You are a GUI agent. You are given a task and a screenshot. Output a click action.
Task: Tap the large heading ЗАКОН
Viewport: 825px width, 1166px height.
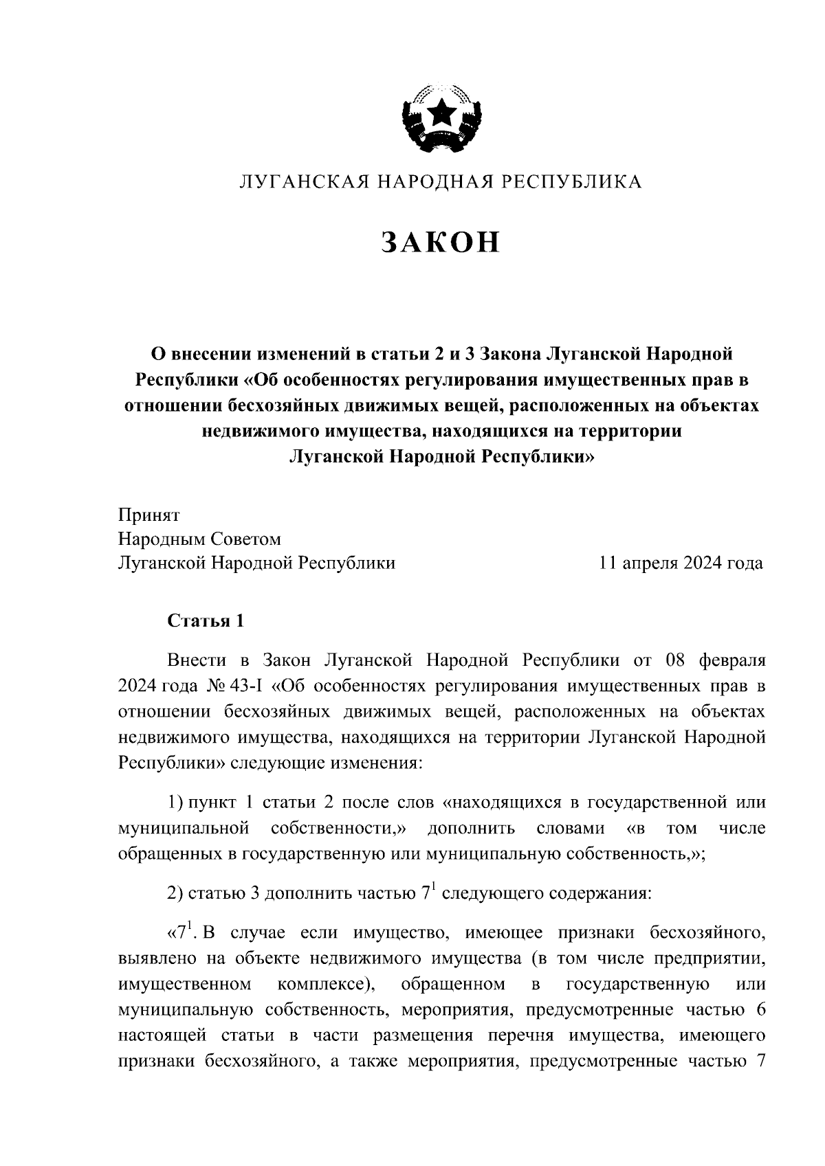pos(439,242)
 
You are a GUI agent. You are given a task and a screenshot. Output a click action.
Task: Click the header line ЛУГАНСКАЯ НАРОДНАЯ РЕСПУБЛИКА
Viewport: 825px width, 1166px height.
pos(439,182)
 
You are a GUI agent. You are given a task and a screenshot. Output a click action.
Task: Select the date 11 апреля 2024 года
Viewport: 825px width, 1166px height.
pos(681,563)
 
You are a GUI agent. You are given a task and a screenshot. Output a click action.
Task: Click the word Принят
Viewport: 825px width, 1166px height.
pos(148,515)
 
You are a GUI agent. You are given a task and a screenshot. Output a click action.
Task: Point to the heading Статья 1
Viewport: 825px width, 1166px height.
pos(206,622)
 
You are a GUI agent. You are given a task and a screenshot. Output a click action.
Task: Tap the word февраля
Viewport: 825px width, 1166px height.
pos(731,661)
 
